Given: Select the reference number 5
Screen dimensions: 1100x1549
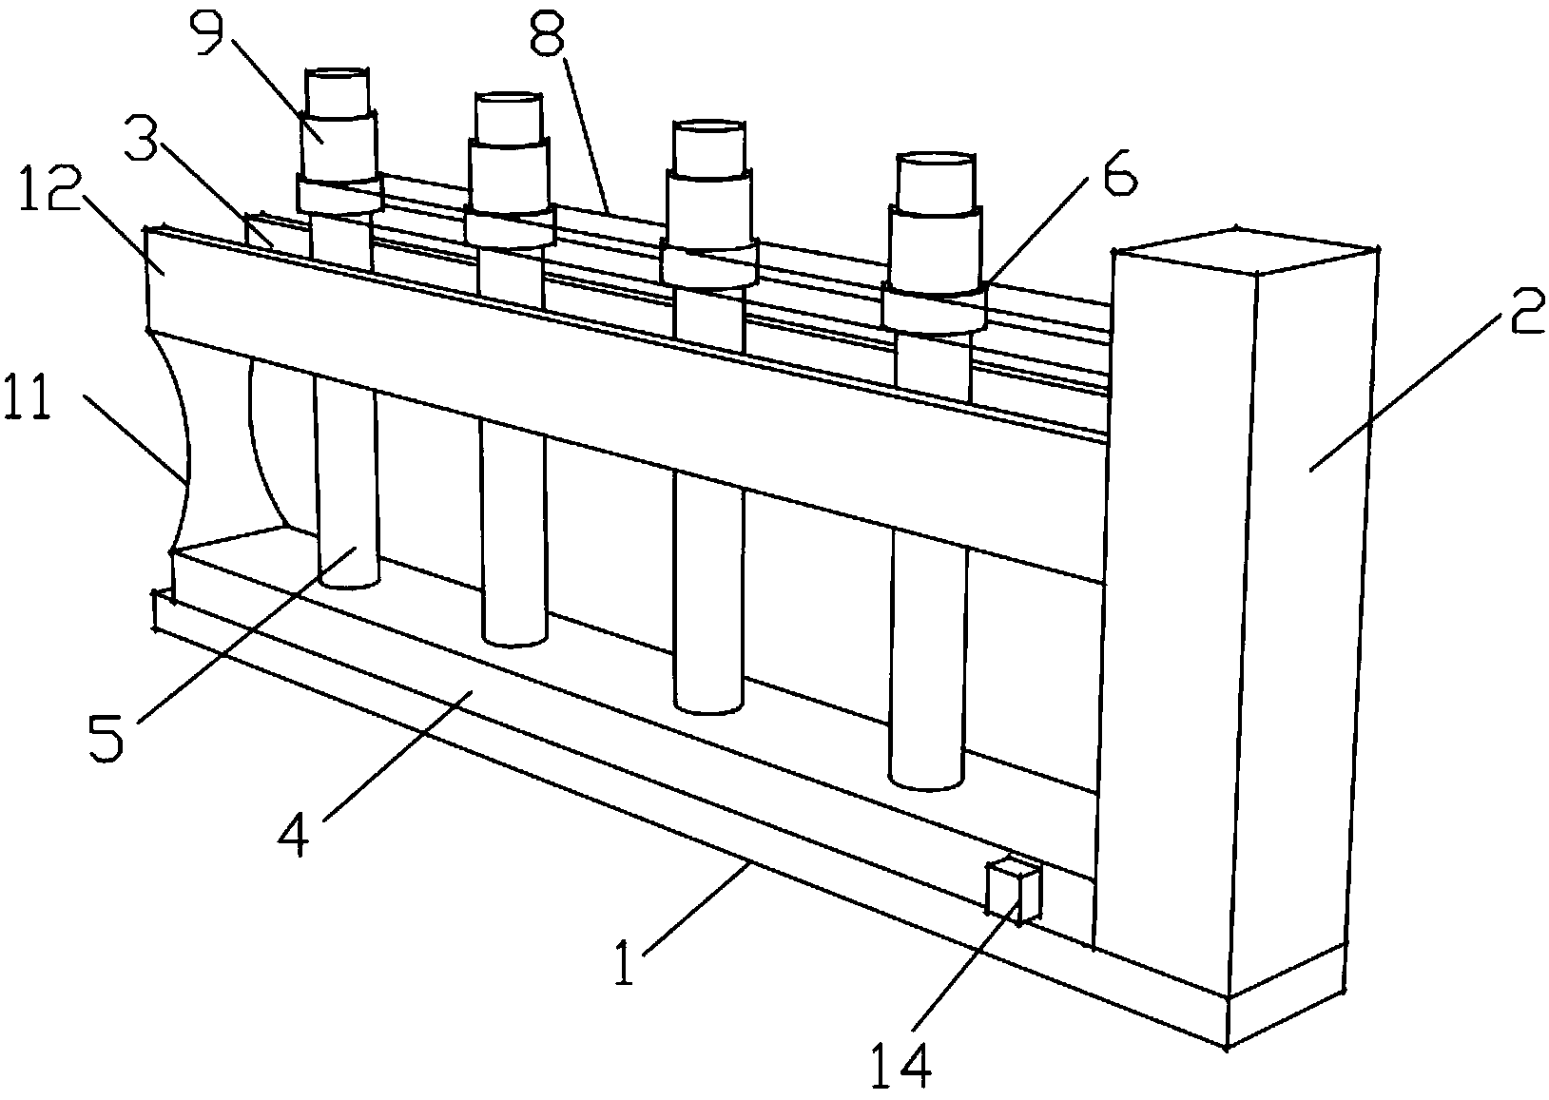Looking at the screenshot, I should (x=106, y=737).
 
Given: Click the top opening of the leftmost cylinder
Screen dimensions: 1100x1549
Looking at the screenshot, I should (x=336, y=75).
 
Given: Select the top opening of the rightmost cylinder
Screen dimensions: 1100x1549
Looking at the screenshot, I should (x=937, y=159).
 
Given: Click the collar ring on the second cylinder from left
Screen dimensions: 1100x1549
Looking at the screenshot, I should (x=510, y=227).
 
